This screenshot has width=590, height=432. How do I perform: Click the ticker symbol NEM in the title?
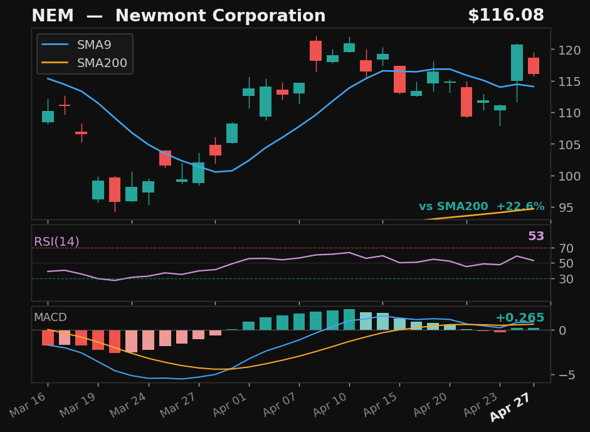(52, 16)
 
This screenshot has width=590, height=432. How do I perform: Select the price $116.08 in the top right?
(505, 16)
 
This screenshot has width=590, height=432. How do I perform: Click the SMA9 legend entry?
(94, 45)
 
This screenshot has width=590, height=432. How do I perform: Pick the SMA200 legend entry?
(102, 63)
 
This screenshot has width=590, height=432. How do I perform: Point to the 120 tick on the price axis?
(566, 50)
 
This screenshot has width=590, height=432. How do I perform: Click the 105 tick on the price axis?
(566, 145)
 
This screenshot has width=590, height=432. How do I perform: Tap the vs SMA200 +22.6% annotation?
(481, 207)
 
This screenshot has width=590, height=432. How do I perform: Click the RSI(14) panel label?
(56, 242)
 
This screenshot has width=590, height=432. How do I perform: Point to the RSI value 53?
(535, 236)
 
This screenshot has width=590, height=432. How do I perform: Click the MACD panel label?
(50, 318)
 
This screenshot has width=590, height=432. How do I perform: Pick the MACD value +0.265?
(519, 318)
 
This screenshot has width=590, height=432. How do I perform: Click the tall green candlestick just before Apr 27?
(517, 63)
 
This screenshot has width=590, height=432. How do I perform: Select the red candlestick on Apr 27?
(534, 66)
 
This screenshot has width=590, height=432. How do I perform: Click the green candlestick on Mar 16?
(48, 117)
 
